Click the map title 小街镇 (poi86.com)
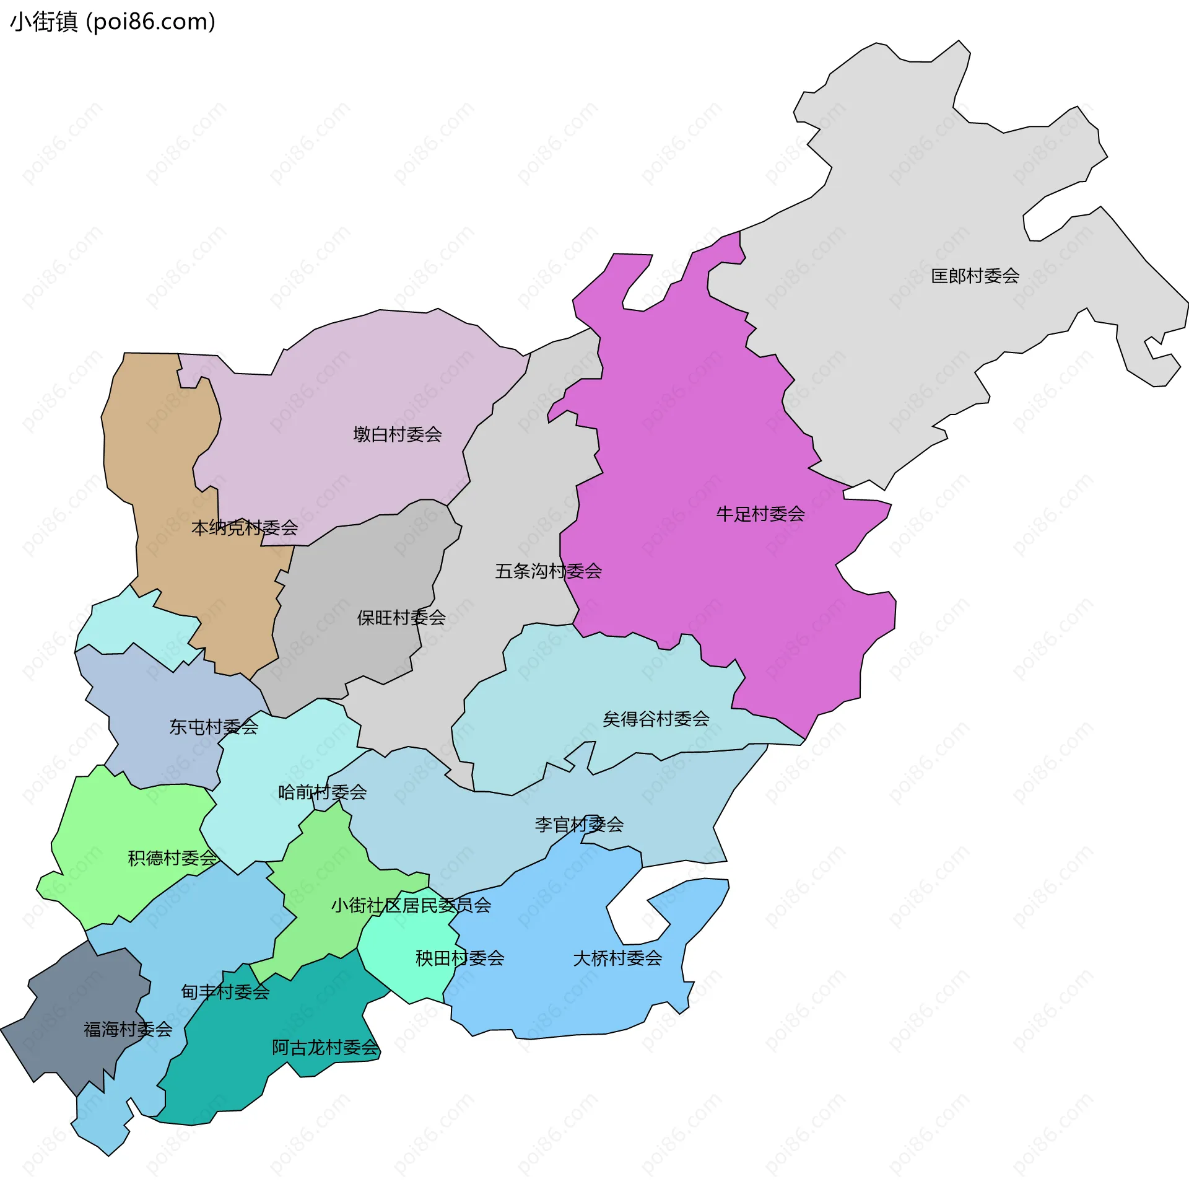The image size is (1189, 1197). tap(113, 22)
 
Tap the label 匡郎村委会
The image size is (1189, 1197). tap(975, 276)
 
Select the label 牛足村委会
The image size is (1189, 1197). tap(760, 514)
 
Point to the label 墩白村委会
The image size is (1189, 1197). tap(397, 434)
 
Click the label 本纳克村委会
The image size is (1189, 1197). tap(245, 528)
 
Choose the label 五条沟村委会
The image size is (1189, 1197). tap(548, 571)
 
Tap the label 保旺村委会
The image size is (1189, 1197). tap(401, 617)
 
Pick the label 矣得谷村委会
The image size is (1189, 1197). tap(656, 719)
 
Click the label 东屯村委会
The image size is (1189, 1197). tap(214, 727)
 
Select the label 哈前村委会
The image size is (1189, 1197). tap(322, 792)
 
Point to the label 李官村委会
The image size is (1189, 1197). tap(579, 825)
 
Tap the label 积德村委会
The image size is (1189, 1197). tap(172, 858)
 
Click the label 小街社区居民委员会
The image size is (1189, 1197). tap(411, 905)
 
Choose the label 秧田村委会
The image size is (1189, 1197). tap(459, 958)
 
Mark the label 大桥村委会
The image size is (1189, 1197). tap(617, 958)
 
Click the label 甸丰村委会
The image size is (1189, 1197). tap(225, 992)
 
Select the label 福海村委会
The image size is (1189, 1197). tap(128, 1029)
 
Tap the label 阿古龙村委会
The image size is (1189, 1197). tap(325, 1048)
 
